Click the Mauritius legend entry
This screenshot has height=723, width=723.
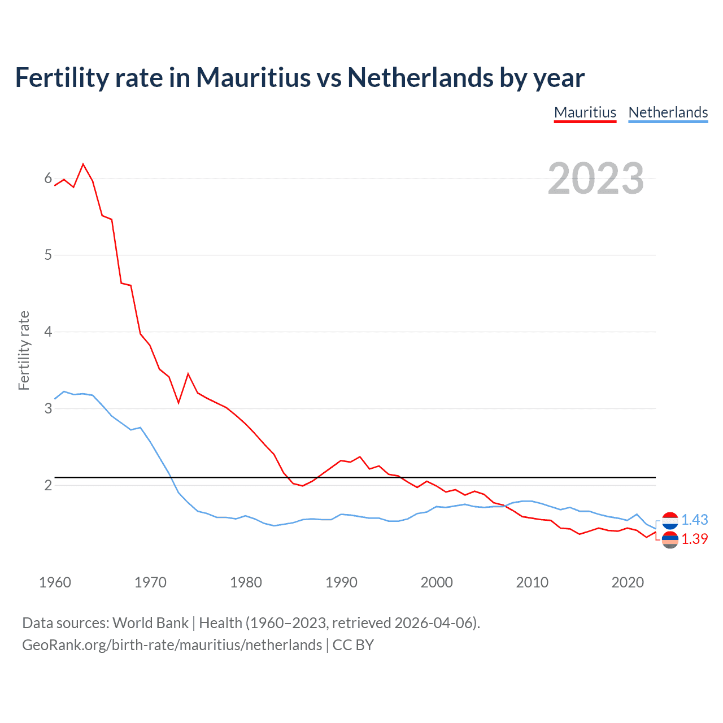585,112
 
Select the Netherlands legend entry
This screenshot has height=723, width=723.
668,112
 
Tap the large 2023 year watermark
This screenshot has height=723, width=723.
595,178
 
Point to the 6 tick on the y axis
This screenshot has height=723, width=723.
48,178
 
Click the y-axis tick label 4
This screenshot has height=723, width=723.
48,332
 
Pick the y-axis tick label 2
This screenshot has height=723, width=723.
48,485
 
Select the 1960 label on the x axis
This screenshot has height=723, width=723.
55,582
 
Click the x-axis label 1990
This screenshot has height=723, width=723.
341,582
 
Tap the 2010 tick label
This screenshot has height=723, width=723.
532,582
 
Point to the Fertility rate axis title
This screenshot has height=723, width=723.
24,350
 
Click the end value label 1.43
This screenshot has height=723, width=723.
694,520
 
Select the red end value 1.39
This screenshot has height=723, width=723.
694,539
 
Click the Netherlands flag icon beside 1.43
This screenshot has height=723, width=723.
670,520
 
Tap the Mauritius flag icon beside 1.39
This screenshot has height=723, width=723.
670,539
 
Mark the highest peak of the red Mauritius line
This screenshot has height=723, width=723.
83,164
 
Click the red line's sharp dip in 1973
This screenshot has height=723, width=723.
178,402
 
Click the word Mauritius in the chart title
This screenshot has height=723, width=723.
253,77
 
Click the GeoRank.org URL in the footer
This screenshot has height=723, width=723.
172,645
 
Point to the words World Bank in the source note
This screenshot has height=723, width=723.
150,623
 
